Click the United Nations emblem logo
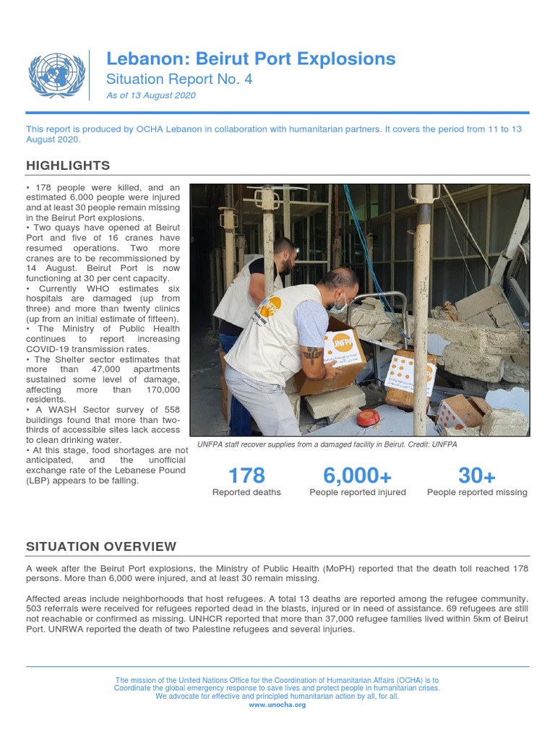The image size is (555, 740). click(x=56, y=74)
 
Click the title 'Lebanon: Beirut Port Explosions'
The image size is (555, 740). click(x=251, y=59)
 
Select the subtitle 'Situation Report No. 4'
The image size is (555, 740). click(x=179, y=79)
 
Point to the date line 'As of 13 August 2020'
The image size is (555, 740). click(x=151, y=95)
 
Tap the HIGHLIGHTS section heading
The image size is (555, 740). click(x=68, y=165)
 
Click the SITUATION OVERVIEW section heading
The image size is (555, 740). click(x=100, y=546)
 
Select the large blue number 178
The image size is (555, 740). click(x=246, y=476)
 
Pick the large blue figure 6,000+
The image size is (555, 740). click(x=358, y=476)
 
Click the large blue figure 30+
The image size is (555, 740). click(x=477, y=476)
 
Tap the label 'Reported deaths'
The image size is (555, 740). click(x=246, y=492)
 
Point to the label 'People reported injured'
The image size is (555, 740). click(x=358, y=492)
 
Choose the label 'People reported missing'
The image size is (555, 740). click(x=477, y=492)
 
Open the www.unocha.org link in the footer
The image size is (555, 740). click(x=277, y=705)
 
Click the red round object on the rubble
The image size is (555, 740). click(x=368, y=418)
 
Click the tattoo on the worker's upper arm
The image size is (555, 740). click(x=312, y=356)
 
